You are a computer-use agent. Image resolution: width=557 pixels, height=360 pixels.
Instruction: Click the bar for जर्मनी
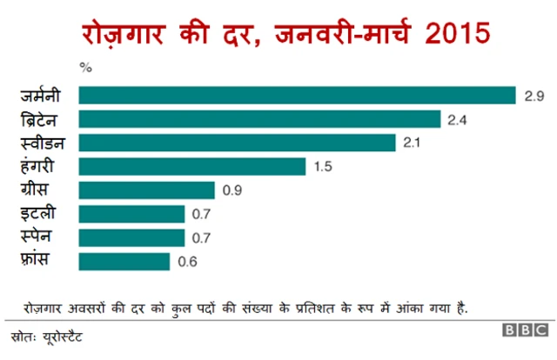(x=298, y=95)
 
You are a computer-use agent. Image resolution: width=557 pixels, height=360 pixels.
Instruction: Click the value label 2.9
(x=534, y=95)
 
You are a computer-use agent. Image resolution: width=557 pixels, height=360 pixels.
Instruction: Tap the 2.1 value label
(x=413, y=143)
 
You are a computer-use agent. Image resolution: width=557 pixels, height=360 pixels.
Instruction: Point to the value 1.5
(x=323, y=166)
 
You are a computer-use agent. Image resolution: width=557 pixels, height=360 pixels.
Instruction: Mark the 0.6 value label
(x=187, y=262)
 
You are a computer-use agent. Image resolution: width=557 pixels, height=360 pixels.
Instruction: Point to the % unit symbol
(x=84, y=65)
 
